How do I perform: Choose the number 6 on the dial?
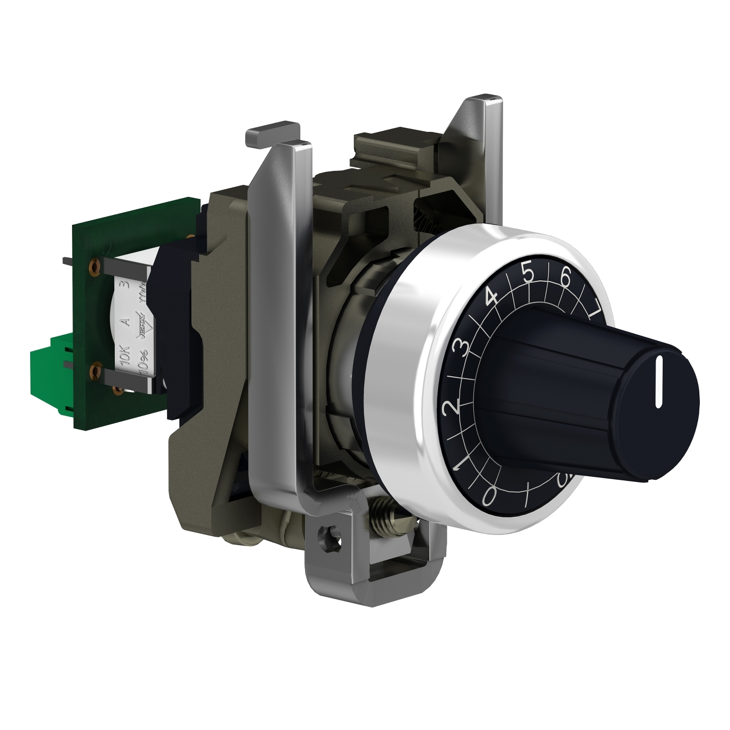[x=566, y=277]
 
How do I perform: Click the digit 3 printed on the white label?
[x=128, y=285]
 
